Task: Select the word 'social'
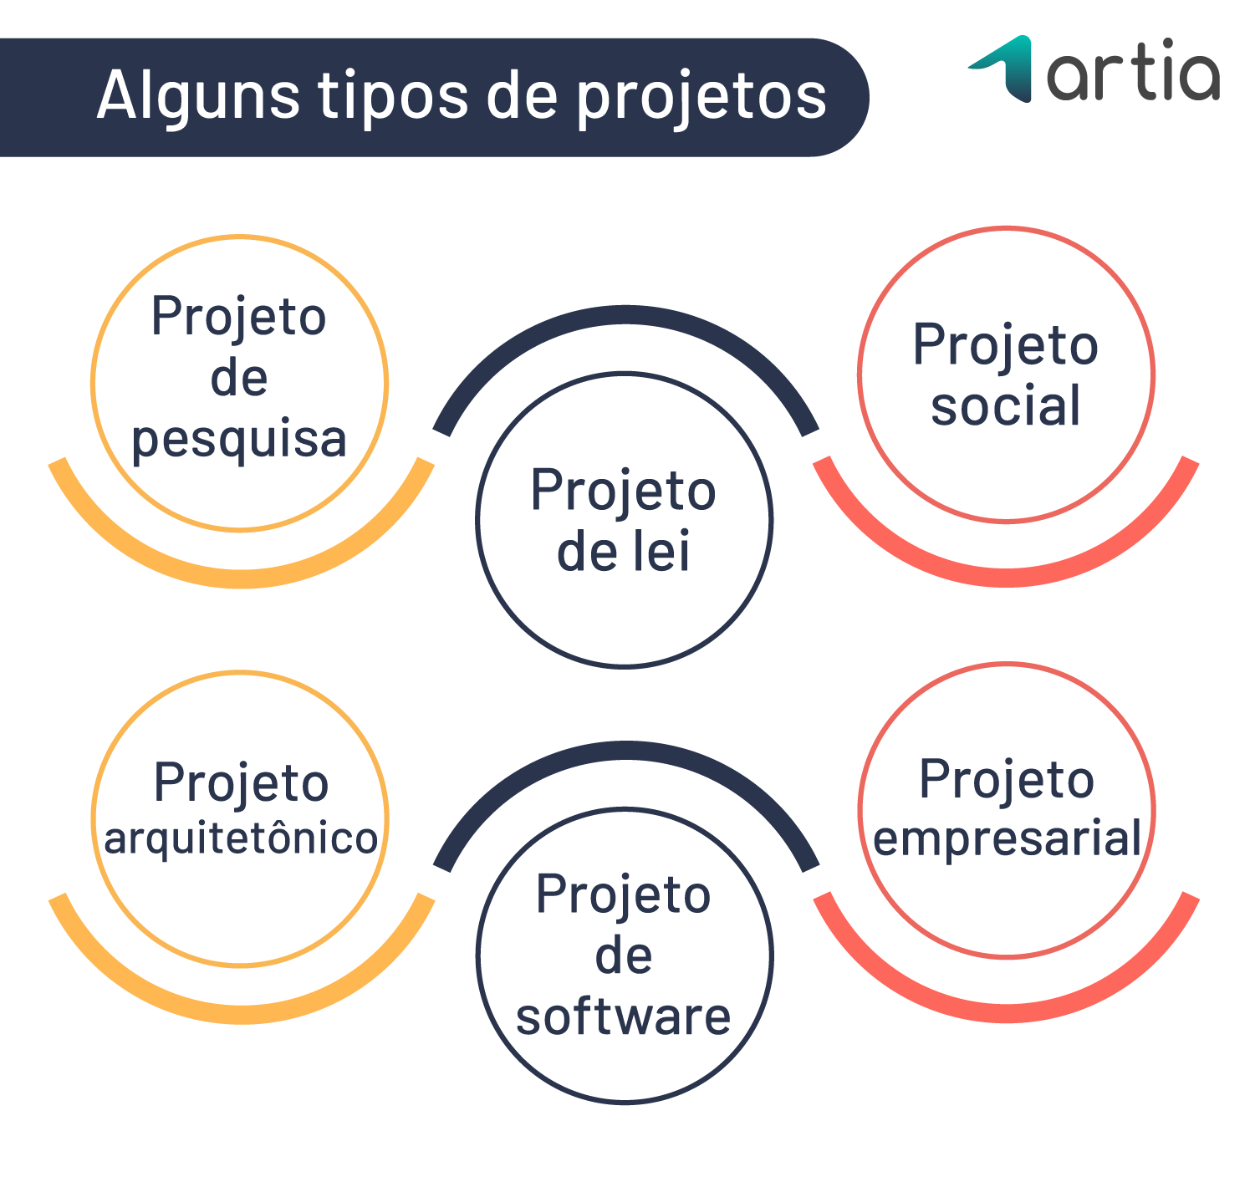(1006, 406)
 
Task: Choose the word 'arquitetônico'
(241, 838)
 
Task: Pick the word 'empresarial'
(1008, 838)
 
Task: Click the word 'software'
(624, 1017)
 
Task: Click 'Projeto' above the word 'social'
(1006, 344)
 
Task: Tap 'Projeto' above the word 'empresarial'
(1007, 780)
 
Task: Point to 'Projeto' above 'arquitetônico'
(241, 783)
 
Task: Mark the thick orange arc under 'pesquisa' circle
(241, 576)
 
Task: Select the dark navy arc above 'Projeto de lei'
(625, 315)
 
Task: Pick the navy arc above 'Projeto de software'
(625, 751)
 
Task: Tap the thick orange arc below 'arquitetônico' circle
(242, 1012)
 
